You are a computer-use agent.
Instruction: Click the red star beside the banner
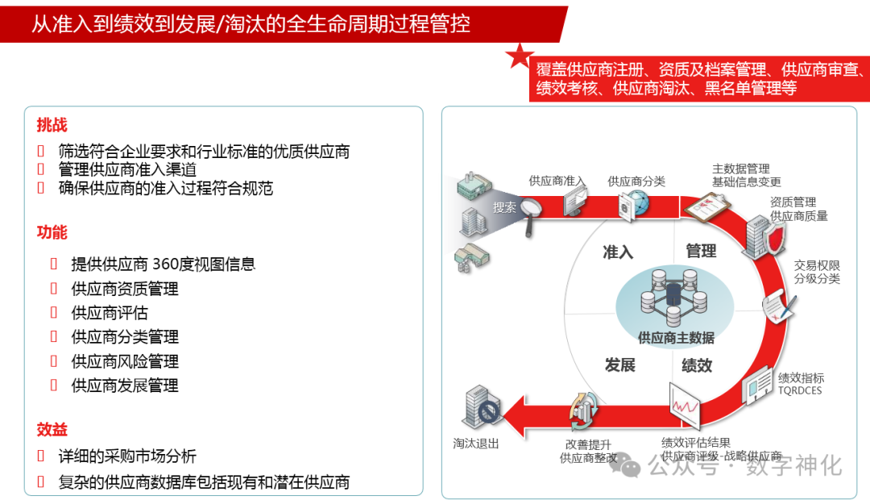[x=520, y=56]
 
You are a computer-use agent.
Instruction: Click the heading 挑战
[x=52, y=125]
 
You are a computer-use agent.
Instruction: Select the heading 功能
[x=52, y=232]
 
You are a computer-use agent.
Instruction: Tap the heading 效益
[x=52, y=429]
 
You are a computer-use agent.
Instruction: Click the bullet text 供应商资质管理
[x=125, y=289]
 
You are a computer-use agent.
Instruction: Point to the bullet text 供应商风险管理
[x=125, y=361]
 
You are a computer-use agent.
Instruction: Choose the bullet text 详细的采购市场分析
[x=127, y=456]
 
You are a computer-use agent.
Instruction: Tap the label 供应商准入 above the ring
[x=557, y=181]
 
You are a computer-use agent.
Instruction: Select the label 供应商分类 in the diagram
[x=636, y=181]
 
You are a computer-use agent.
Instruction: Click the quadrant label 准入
[x=618, y=252]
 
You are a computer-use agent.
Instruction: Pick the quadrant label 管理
[x=701, y=252]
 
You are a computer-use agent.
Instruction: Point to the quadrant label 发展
[x=619, y=365]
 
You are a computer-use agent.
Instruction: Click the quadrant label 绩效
[x=697, y=365]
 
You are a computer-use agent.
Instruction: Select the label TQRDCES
[x=801, y=390]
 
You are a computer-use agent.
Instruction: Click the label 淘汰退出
[x=476, y=444]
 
